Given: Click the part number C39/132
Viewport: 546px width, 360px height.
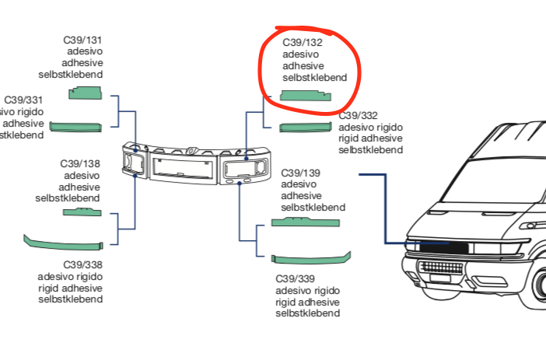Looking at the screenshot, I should point(302,42).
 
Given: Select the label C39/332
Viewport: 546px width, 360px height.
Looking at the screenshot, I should point(359,116).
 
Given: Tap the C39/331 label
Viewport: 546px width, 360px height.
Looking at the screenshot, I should point(23,100).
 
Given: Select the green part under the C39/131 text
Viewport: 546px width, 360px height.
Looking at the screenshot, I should point(86,93).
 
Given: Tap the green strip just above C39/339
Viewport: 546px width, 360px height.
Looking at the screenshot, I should point(310,259).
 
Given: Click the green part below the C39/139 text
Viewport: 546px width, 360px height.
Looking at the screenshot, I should point(305,222).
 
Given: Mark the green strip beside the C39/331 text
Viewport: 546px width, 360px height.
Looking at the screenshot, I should point(75,127).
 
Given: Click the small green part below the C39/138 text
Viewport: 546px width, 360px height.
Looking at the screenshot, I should point(82,211).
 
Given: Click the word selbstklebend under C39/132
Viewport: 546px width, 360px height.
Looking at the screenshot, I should point(314,78).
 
